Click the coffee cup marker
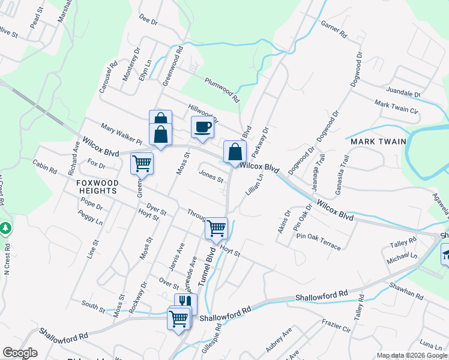click(x=202, y=127)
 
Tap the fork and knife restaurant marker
click(x=185, y=304)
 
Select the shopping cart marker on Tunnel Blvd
click(x=216, y=228)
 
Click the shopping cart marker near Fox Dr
click(x=142, y=163)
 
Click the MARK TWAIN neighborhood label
click(x=375, y=142)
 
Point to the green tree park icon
click(x=5, y=229)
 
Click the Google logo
click(x=20, y=353)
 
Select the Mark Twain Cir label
click(x=396, y=107)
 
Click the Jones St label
click(x=211, y=177)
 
